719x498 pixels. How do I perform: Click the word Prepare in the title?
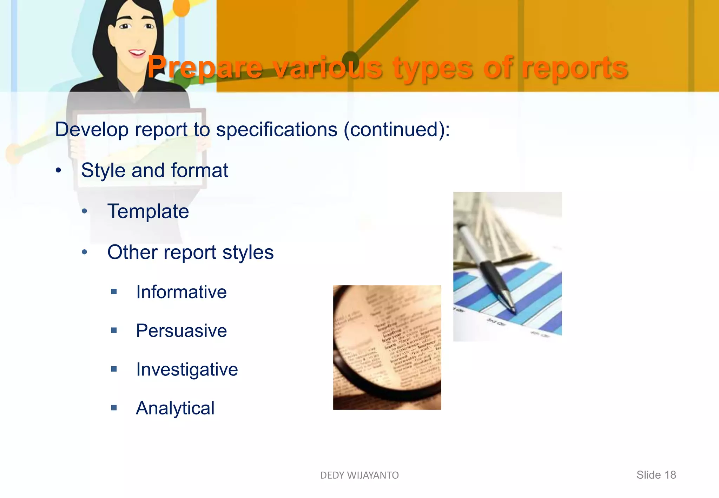pyautogui.click(x=205, y=67)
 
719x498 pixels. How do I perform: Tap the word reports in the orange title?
pyautogui.click(x=575, y=67)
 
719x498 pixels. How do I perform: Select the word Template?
pyautogui.click(x=148, y=211)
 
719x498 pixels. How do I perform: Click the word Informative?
pyautogui.click(x=181, y=292)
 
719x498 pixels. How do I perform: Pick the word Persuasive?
pyautogui.click(x=181, y=331)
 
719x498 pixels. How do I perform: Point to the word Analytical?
pyautogui.click(x=175, y=408)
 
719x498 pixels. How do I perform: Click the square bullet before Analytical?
pyautogui.click(x=114, y=408)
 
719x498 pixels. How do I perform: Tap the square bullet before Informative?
pyautogui.click(x=114, y=291)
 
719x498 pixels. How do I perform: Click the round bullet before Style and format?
pyautogui.click(x=58, y=171)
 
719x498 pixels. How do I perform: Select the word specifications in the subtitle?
pyautogui.click(x=277, y=130)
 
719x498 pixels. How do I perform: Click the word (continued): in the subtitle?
pyautogui.click(x=397, y=130)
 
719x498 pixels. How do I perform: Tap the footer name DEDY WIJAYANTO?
pyautogui.click(x=359, y=475)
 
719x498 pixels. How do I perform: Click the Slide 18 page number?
pyautogui.click(x=656, y=475)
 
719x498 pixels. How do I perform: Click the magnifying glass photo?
pyautogui.click(x=387, y=347)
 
